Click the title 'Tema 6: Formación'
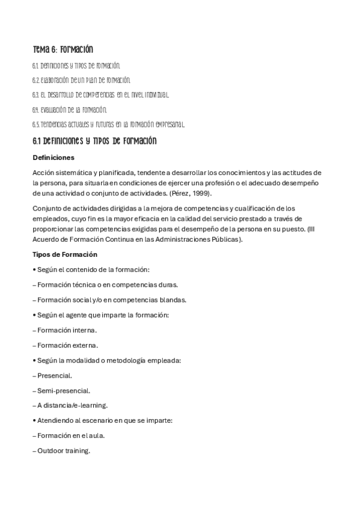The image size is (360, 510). (63, 49)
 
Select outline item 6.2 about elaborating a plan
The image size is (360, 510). (81, 80)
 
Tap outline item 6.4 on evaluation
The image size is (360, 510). (70, 110)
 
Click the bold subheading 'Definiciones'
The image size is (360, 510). (53, 158)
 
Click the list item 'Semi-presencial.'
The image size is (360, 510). (61, 390)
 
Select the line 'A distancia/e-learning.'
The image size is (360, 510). (70, 405)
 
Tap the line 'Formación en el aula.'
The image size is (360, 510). (69, 435)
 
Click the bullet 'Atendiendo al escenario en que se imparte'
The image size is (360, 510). (103, 420)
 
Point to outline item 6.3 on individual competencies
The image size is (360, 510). (101, 95)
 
